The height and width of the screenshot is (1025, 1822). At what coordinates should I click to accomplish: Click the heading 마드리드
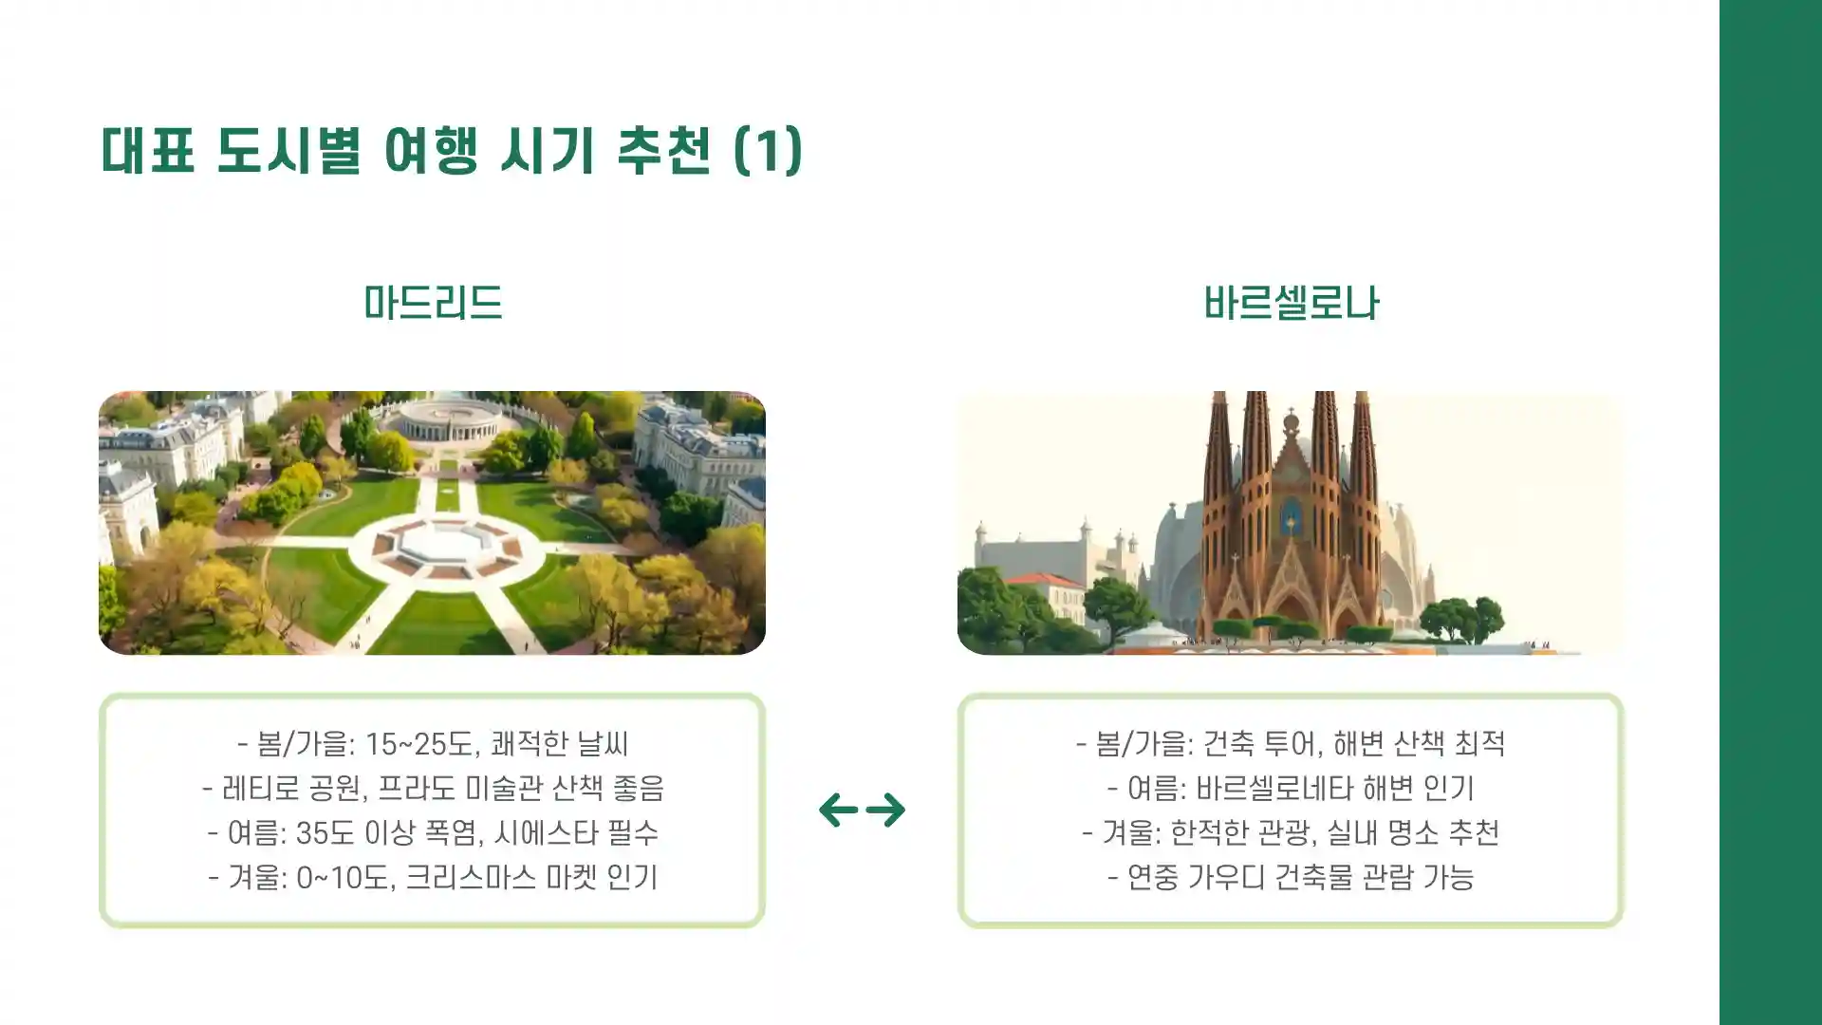coord(433,303)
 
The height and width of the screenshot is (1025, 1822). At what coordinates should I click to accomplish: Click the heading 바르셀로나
coord(1291,303)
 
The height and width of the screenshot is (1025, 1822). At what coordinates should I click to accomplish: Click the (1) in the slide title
coord(769,150)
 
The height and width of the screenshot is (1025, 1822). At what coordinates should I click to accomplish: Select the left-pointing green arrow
coord(839,810)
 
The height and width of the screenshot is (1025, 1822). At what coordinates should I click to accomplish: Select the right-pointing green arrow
coord(886,810)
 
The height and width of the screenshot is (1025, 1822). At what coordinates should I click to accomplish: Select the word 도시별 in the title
coord(288,150)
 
